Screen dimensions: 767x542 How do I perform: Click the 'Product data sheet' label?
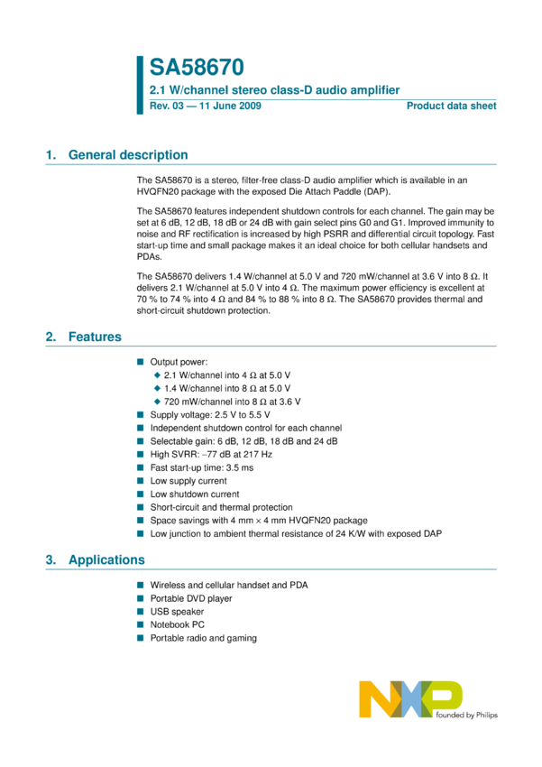[x=451, y=106]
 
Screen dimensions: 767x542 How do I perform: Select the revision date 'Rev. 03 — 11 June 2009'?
[x=206, y=106]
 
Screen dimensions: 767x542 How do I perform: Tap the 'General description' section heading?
[x=128, y=155]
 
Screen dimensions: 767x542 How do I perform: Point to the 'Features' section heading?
[x=95, y=337]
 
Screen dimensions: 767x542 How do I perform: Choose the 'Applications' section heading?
[x=106, y=560]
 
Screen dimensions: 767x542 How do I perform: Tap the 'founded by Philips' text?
[x=466, y=716]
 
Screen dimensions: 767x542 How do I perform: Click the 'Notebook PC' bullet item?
[x=177, y=624]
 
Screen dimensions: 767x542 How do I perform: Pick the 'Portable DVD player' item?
[x=190, y=598]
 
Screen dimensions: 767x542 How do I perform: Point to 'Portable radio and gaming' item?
[x=203, y=638]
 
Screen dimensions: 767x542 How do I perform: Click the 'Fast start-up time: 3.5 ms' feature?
[x=201, y=467]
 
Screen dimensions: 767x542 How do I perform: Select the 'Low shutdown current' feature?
[x=194, y=494]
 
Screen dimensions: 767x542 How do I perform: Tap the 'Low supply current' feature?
[x=188, y=481]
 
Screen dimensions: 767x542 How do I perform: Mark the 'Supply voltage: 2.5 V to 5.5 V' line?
[x=209, y=414]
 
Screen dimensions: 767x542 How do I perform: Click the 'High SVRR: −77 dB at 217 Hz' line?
[x=210, y=454]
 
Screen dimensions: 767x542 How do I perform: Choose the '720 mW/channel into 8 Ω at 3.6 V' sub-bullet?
[x=233, y=401]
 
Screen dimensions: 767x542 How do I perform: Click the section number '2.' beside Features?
[x=51, y=337]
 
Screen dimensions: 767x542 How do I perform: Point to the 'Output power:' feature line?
[x=179, y=361]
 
